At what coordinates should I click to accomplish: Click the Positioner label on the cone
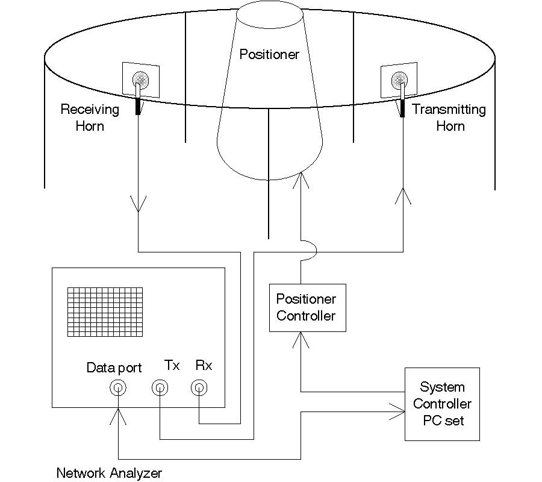coord(269,54)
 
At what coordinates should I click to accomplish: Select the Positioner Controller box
coord(307,307)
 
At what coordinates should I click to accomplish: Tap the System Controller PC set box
coord(442,404)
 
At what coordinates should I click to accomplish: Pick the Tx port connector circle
coord(160,388)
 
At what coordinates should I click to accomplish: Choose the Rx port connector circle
coord(199,388)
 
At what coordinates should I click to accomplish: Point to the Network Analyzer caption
coord(109,473)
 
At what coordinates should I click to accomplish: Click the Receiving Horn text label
coord(90,117)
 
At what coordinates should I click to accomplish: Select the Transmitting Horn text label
coord(449,117)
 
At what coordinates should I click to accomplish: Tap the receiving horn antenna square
coord(141,80)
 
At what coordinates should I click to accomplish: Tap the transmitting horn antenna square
coord(399,79)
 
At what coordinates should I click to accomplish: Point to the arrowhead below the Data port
coord(119,415)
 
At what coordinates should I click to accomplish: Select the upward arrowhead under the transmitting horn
coord(403,195)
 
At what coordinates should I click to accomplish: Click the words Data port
coord(114,368)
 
